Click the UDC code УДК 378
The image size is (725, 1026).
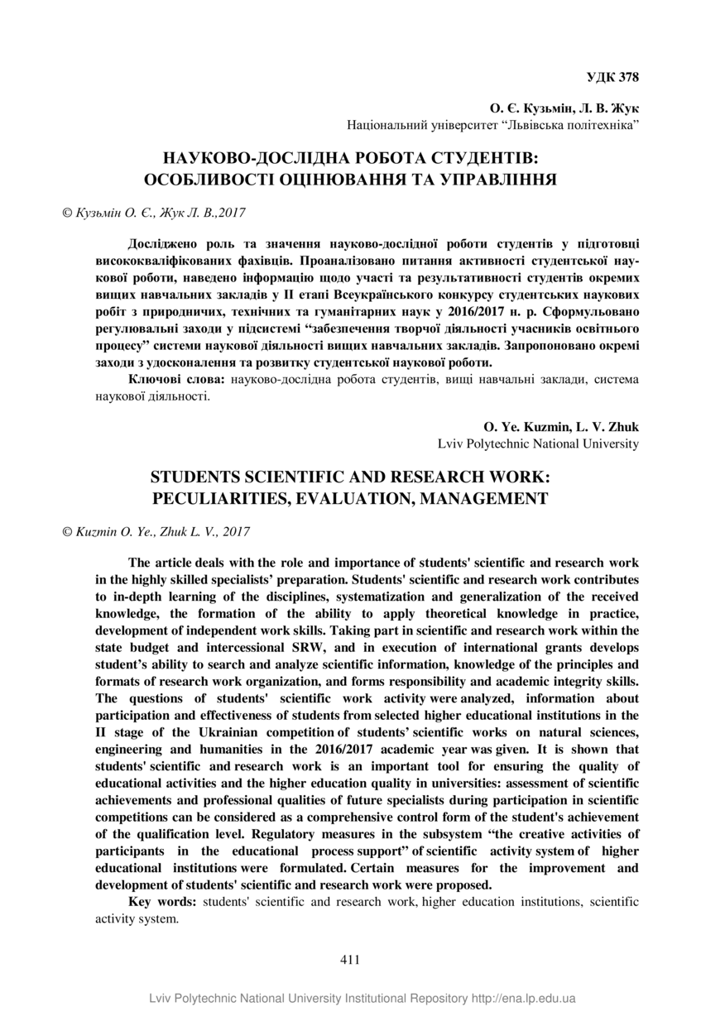[x=612, y=78]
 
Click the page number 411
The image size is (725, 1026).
[x=350, y=960]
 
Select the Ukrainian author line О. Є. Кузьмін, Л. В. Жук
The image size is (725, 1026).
[x=564, y=108]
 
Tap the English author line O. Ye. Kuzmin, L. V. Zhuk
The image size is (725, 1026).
[x=560, y=427]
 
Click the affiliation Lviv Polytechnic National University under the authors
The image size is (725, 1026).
[x=538, y=443]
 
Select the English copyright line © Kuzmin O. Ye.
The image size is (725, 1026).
[x=156, y=532]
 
